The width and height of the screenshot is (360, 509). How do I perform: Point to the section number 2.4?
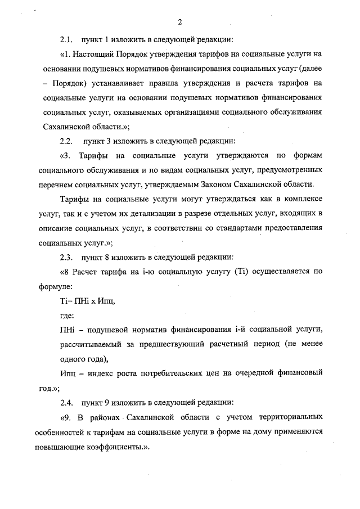tap(66, 403)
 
